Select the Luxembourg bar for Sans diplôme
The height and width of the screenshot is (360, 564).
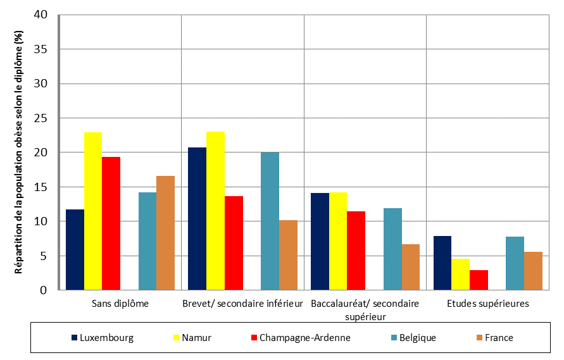click(x=75, y=249)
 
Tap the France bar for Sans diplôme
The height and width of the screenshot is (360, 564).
click(x=165, y=233)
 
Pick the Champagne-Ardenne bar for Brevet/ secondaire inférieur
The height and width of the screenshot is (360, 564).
click(x=234, y=243)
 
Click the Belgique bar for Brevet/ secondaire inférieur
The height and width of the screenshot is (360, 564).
click(x=270, y=221)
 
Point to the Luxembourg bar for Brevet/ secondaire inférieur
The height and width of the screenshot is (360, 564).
click(x=197, y=218)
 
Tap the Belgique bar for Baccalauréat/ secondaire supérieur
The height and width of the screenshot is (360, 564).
click(x=392, y=249)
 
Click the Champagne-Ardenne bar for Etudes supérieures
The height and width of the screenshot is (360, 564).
click(x=479, y=280)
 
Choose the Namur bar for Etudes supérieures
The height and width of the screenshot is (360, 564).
click(x=460, y=274)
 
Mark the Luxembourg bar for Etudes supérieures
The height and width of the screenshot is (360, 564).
click(x=442, y=263)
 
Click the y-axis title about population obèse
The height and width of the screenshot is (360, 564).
click(x=18, y=152)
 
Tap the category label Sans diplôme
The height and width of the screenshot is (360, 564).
click(x=120, y=303)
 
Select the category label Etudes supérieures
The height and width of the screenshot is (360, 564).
click(x=487, y=303)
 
